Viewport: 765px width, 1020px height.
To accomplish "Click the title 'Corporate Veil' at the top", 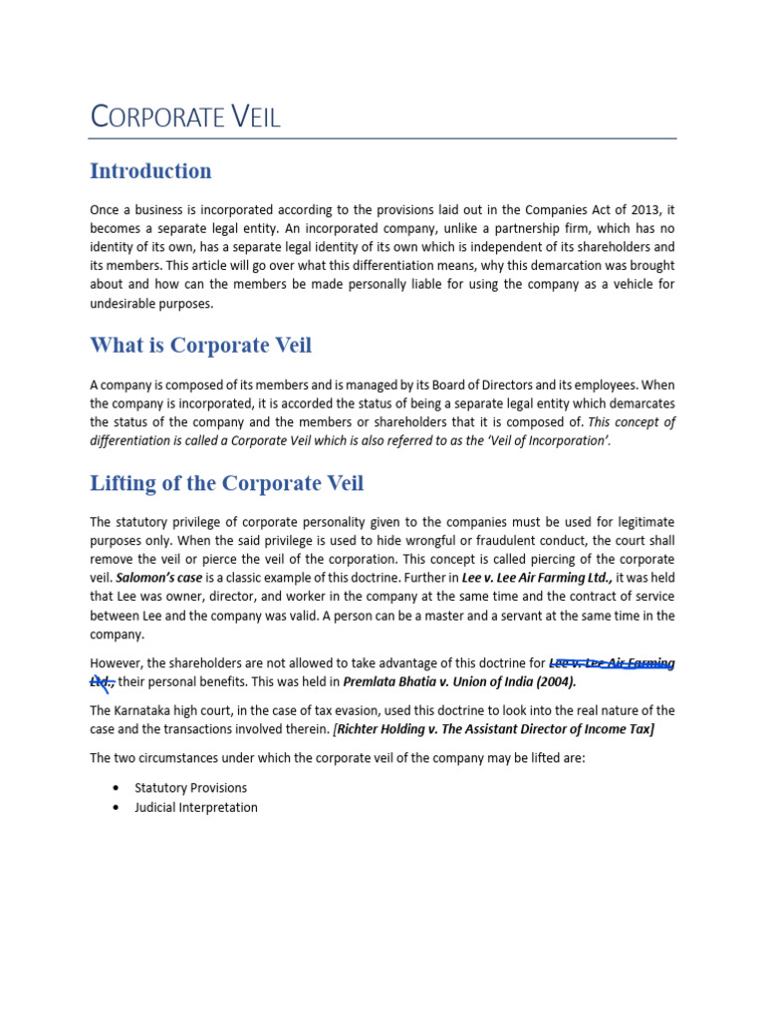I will (x=185, y=117).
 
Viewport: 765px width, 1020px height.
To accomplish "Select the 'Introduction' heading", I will (x=150, y=171).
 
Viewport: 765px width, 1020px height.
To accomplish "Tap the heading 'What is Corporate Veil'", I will (x=200, y=346).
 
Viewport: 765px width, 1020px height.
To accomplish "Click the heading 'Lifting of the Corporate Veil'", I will (x=226, y=484).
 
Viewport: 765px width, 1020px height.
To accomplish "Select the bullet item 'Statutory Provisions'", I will (x=190, y=788).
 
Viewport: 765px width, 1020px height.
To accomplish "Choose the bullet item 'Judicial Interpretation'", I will (x=195, y=808).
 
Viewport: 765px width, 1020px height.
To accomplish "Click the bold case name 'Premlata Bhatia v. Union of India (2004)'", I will (x=459, y=682).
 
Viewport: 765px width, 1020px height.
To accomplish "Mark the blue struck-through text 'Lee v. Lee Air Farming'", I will (x=612, y=663).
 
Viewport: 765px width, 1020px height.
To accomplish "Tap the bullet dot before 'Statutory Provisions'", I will (x=118, y=788).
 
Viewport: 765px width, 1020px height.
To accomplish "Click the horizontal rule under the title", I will (x=382, y=138).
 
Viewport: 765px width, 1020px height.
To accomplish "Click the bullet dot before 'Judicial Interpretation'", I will (x=118, y=808).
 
